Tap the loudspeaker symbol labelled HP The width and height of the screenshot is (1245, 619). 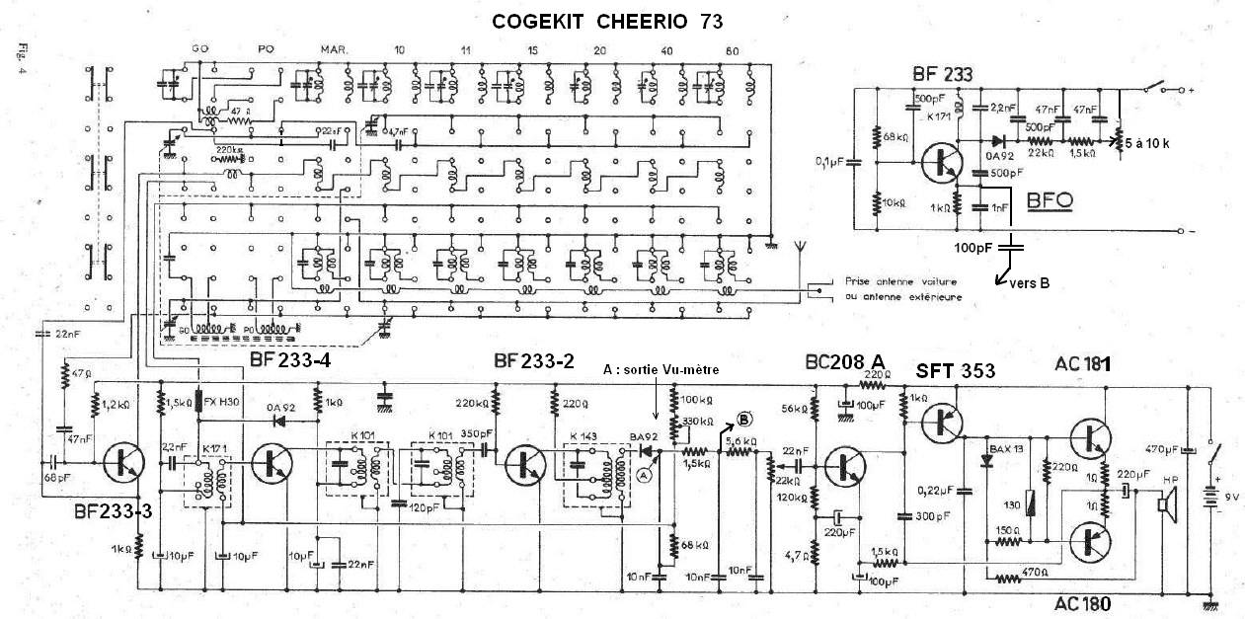click(1165, 505)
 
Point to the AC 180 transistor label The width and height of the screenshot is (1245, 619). click(1080, 602)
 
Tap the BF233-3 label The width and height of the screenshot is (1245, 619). click(113, 511)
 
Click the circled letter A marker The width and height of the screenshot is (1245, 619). click(646, 474)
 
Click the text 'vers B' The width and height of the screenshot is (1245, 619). click(1029, 283)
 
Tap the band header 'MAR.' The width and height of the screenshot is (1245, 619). click(332, 50)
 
